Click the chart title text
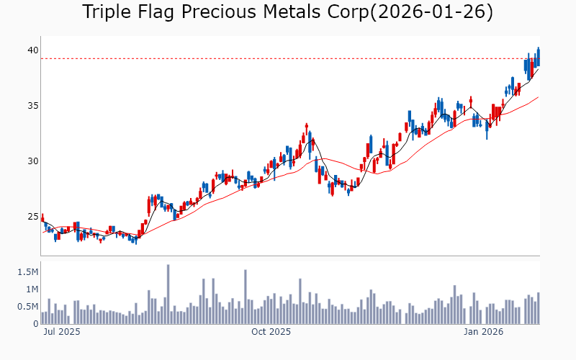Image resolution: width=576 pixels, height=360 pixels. pos(287,12)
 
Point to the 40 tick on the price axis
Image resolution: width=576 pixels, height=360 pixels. pos(32,50)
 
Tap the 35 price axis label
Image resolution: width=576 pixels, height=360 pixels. pos(32,106)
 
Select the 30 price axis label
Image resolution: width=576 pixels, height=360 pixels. pos(32,161)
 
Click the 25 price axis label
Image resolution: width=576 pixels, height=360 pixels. pos(32,217)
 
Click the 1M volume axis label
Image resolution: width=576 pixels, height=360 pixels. pos(31,289)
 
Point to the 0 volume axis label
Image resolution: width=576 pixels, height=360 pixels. pos(35,324)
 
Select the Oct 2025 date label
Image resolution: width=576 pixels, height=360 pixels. pos(271,332)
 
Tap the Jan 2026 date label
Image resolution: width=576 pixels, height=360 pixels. pos(483,332)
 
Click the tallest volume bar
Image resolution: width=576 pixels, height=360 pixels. pos(168,294)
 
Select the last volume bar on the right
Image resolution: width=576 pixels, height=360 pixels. pos(538,308)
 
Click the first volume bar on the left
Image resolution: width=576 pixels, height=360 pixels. pos(42,318)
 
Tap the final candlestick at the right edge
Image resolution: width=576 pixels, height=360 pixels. pos(538,57)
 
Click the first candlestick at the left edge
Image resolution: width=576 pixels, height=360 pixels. pos(42,218)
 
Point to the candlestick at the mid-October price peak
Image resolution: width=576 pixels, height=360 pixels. pos(306,130)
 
